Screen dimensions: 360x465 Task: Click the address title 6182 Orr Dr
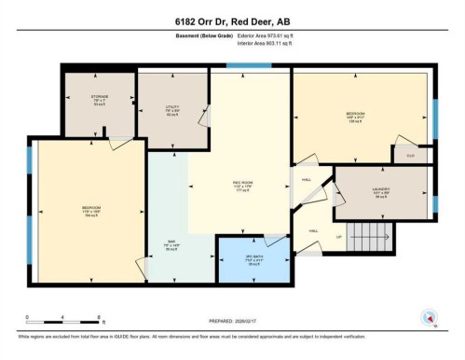[232, 22]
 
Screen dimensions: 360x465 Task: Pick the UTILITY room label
[171, 107]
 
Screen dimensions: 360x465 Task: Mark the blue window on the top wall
[244, 65]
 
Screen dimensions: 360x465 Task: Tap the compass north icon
[428, 317]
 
